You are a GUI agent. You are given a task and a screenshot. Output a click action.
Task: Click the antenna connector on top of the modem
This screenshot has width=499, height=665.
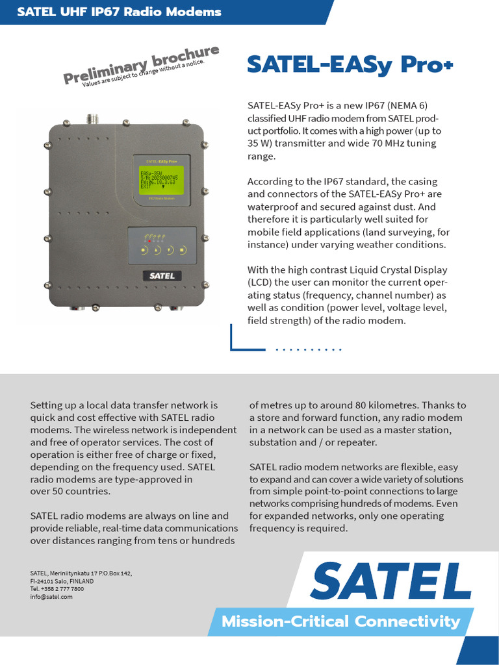pyautogui.click(x=93, y=119)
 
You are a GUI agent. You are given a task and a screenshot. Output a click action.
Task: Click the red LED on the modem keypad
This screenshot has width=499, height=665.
pyautogui.click(x=150, y=240)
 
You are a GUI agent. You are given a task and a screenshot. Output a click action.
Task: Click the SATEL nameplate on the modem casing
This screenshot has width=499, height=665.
pyautogui.click(x=162, y=275)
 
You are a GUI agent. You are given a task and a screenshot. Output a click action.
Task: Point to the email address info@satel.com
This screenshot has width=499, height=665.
pyautogui.click(x=51, y=597)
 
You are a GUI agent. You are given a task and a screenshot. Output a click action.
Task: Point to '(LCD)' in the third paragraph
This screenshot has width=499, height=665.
pyautogui.click(x=261, y=283)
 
